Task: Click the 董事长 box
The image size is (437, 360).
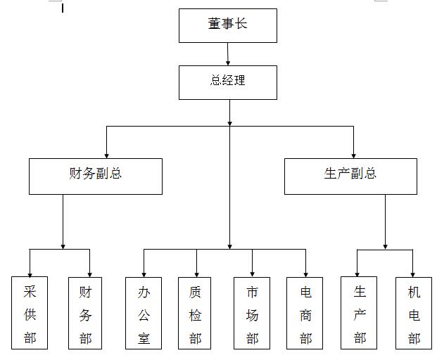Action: (228, 25)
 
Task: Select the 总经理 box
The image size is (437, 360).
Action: (228, 82)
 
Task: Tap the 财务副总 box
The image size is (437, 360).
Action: (96, 176)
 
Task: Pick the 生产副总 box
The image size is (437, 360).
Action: (350, 176)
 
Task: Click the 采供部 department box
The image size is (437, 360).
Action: (30, 313)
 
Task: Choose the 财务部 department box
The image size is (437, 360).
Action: (85, 313)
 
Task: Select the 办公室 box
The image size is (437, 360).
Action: (144, 313)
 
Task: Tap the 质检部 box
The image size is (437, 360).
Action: (194, 313)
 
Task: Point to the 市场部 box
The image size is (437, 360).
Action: (252, 313)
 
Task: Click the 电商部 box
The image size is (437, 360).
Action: (305, 313)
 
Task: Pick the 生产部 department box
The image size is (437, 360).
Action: (359, 313)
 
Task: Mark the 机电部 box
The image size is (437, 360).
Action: (414, 313)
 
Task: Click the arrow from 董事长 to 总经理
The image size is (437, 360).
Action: (228, 54)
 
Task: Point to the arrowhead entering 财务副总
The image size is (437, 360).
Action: (106, 156)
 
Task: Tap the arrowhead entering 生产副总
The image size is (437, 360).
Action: (354, 156)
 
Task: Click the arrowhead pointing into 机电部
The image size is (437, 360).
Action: (413, 275)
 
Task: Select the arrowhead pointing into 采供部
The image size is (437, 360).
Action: (30, 274)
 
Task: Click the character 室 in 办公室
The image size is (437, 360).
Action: (144, 338)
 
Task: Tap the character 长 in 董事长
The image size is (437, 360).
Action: (241, 23)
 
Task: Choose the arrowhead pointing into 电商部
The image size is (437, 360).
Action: (305, 275)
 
